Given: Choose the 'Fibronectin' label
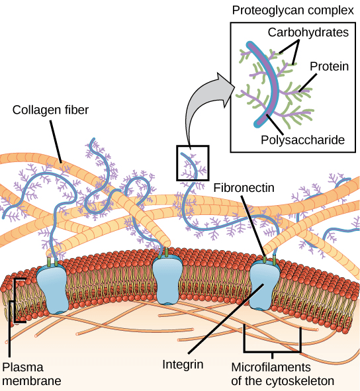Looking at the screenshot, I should pos(243,187).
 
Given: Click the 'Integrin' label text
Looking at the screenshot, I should pos(183,364).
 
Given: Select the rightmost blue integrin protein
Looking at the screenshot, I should pos(269,284).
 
